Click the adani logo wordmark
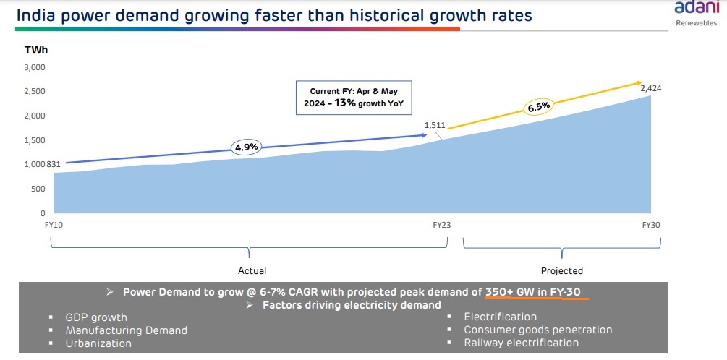click(695, 9)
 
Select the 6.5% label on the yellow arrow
click(537, 106)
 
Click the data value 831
click(54, 164)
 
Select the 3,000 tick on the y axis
click(35, 67)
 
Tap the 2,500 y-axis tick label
click(35, 92)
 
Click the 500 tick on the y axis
click(38, 189)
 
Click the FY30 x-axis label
click(651, 225)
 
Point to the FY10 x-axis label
click(54, 225)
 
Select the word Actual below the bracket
click(252, 271)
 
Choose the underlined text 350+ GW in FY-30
click(537, 293)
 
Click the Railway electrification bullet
click(521, 343)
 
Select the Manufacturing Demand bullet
click(126, 330)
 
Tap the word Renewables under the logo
click(696, 23)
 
